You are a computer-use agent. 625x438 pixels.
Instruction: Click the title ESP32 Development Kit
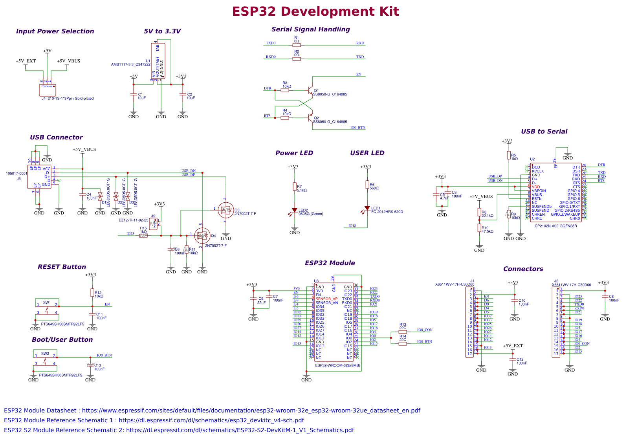(x=315, y=11)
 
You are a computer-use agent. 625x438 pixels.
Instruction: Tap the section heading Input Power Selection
(x=55, y=31)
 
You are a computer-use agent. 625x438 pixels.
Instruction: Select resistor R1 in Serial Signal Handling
(x=297, y=45)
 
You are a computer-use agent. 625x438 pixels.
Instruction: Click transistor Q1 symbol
(x=310, y=91)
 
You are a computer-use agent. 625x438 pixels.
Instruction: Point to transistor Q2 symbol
(x=310, y=118)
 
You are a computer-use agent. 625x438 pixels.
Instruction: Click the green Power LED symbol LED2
(x=294, y=211)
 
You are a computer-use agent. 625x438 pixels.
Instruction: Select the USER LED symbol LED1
(x=367, y=209)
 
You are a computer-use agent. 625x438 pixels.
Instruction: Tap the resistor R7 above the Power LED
(x=294, y=187)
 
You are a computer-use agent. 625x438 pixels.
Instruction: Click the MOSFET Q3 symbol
(x=225, y=210)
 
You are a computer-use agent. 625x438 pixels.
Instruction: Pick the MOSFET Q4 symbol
(x=202, y=236)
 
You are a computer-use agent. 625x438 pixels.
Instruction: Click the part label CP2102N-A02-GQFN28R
(x=555, y=226)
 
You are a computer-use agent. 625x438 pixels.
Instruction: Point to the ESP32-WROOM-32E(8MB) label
(x=337, y=365)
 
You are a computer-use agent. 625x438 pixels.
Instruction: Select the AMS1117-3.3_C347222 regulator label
(x=130, y=64)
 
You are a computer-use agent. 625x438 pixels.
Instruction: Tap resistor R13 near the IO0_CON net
(x=403, y=332)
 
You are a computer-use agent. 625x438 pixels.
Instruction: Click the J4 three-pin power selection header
(x=47, y=90)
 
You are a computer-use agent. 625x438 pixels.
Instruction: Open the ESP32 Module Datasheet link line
(x=212, y=411)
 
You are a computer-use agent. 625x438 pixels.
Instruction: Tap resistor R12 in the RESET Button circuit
(x=92, y=293)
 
